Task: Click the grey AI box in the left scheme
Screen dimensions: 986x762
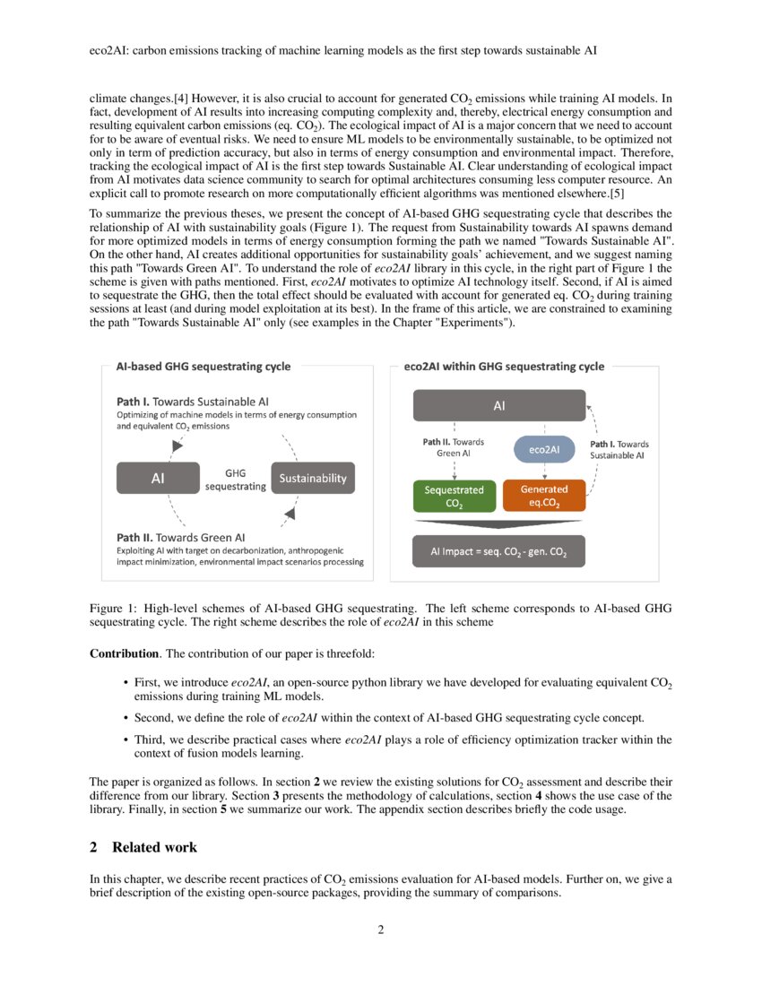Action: (158, 478)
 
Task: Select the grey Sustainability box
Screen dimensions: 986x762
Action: (313, 478)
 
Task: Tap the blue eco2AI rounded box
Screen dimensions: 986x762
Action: (544, 449)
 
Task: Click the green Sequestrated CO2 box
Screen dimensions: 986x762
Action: (454, 496)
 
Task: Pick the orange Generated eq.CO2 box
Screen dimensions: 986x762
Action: (544, 496)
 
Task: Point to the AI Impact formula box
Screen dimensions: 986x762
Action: (498, 551)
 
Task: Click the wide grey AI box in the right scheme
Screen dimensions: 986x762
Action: (498, 406)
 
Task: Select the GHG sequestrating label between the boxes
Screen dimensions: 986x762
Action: (235, 479)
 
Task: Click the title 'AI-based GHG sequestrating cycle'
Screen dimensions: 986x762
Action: (203, 366)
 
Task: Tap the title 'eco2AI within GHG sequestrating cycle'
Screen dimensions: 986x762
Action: (504, 366)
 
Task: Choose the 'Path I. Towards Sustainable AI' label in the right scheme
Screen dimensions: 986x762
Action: (619, 449)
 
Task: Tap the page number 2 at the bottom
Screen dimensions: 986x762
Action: (380, 930)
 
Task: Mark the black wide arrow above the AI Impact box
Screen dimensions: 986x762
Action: (498, 522)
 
